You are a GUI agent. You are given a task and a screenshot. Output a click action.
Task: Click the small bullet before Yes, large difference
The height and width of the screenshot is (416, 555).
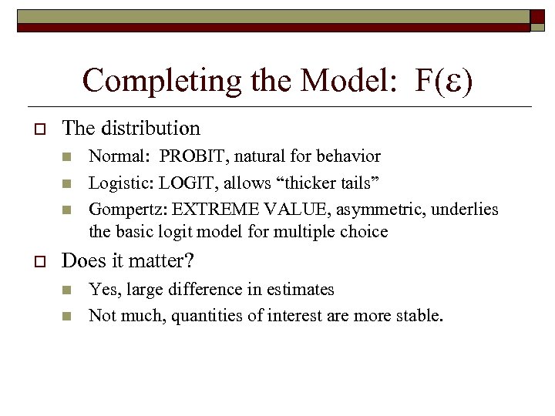coord(66,290)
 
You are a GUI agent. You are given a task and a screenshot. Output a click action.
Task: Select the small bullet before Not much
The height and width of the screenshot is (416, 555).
coord(66,316)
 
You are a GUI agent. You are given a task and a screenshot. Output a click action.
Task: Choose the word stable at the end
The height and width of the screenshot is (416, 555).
coord(420,315)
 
